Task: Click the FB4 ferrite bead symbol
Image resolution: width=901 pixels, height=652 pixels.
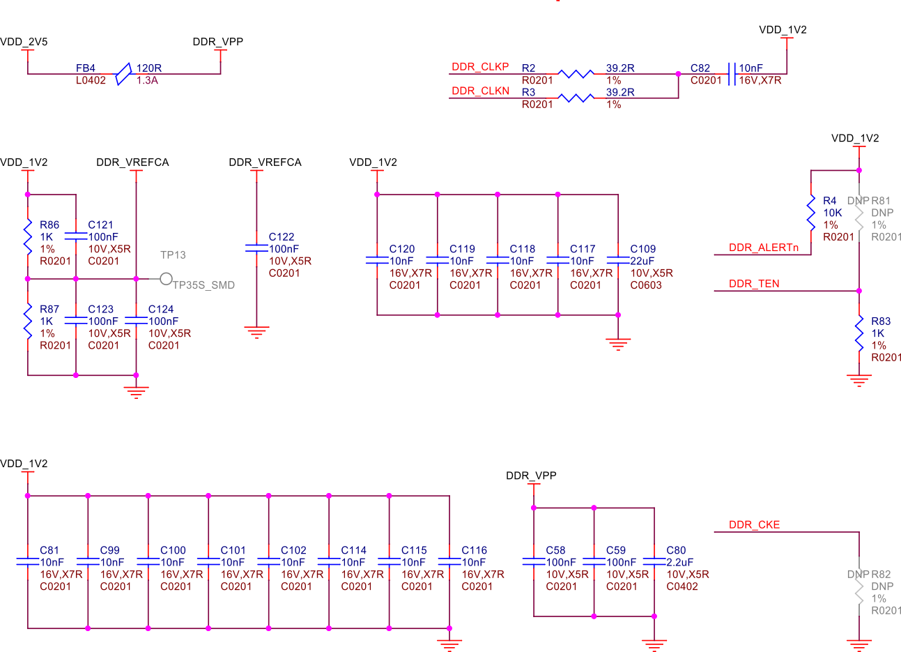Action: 123,74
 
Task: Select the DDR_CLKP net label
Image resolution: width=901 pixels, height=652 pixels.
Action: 480,67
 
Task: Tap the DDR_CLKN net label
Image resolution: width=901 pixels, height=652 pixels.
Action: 480,91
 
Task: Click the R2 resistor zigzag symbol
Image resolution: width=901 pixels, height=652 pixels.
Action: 576,74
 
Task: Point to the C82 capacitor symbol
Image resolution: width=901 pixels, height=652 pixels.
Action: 731,74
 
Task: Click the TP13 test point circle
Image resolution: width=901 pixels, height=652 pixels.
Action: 166,279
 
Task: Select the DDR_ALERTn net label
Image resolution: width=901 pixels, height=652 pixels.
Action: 763,248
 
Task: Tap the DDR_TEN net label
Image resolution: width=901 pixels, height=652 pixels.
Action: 754,284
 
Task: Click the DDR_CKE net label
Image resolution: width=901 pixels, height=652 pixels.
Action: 754,525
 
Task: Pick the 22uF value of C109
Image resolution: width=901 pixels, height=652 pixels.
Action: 642,261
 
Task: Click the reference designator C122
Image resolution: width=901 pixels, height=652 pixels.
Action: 282,237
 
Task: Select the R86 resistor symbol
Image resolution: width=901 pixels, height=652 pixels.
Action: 28,237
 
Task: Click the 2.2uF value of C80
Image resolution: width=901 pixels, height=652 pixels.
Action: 679,563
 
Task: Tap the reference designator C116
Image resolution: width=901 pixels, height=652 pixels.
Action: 474,551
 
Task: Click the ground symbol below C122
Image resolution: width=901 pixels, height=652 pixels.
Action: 256,333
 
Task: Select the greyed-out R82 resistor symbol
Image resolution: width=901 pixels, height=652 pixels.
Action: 859,587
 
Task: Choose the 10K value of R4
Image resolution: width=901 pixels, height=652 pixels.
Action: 833,213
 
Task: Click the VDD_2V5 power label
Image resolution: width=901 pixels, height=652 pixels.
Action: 24,42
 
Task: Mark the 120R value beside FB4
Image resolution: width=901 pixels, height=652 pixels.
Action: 149,68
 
